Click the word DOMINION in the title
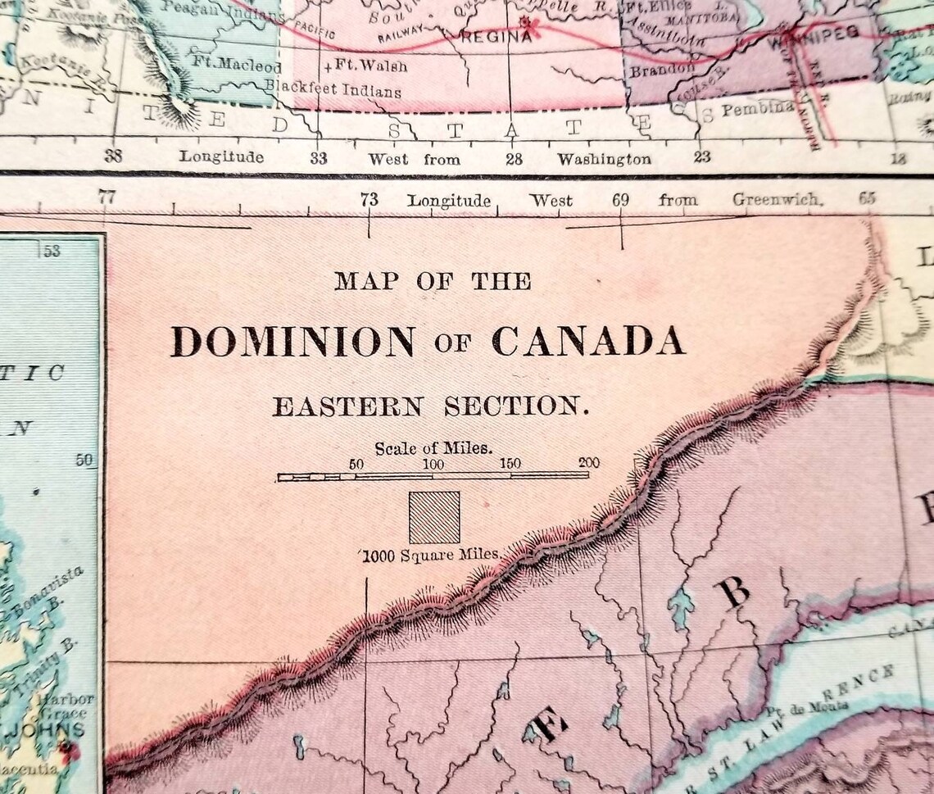click(x=292, y=342)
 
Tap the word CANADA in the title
click(x=587, y=341)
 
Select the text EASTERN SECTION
click(x=430, y=406)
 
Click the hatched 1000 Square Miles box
click(x=434, y=517)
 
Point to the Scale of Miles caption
click(x=433, y=448)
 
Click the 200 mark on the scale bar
click(x=587, y=464)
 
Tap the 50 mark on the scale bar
click(x=356, y=464)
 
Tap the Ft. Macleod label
click(x=237, y=65)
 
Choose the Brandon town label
click(x=660, y=70)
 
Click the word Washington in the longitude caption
click(x=605, y=158)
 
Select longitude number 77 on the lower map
click(x=106, y=197)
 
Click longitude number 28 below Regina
click(x=514, y=158)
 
